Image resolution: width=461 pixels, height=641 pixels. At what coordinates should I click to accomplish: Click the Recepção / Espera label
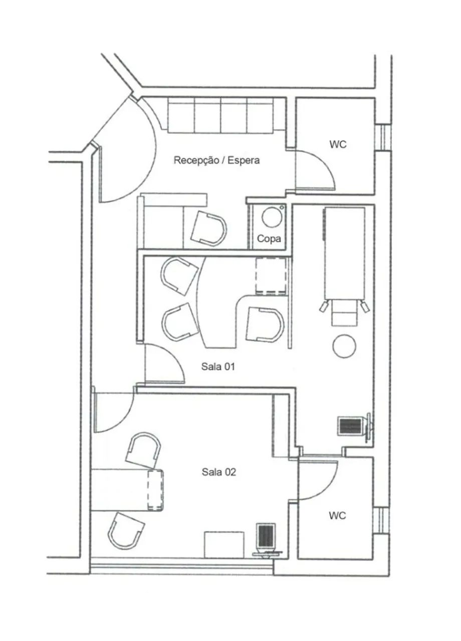(216, 160)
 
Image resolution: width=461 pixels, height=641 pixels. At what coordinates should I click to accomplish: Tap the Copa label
(269, 239)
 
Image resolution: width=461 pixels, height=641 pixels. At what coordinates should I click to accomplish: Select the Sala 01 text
(218, 367)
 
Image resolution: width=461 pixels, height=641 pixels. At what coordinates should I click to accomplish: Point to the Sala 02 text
(219, 472)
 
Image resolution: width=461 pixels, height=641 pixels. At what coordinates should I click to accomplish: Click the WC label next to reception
(338, 144)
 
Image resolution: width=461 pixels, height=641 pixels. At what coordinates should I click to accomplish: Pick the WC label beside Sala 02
(337, 516)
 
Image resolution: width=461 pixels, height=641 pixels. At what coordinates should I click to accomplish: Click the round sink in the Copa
(272, 217)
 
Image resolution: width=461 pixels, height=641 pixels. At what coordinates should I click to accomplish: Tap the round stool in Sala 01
(344, 346)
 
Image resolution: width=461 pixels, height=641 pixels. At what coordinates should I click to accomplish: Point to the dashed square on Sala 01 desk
(271, 276)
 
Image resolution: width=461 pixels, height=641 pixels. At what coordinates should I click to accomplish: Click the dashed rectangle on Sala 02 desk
(155, 490)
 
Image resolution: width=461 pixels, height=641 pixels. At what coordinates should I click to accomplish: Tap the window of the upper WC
(383, 137)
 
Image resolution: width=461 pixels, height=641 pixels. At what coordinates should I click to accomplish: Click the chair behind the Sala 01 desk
(265, 325)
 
